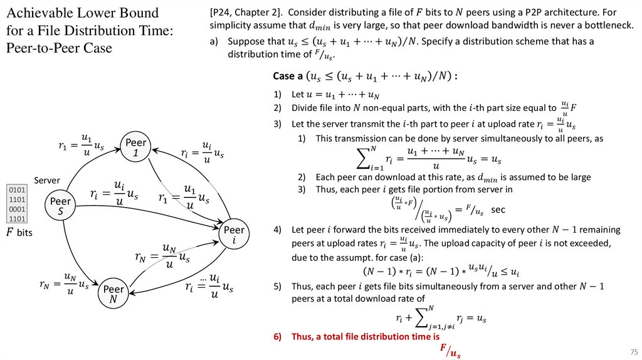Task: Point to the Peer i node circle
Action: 234,235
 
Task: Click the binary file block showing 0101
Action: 14,189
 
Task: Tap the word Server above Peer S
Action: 46,180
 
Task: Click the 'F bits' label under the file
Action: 19,233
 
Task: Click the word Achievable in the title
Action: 43,13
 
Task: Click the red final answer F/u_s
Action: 450,351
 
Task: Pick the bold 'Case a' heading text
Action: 292,76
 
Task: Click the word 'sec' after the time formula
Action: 498,209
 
